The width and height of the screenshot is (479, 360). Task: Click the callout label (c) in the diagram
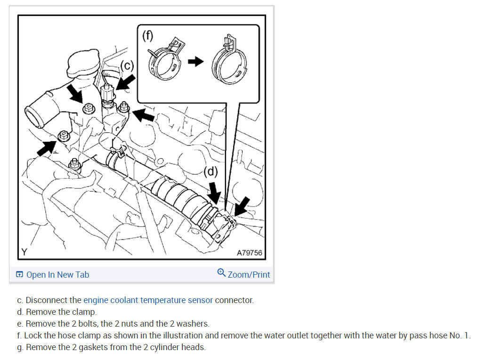[128, 66]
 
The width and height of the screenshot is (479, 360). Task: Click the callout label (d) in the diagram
[211, 172]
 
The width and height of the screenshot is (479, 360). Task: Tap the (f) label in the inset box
[147, 35]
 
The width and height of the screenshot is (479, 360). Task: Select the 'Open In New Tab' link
[57, 275]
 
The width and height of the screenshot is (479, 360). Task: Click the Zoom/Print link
[249, 274]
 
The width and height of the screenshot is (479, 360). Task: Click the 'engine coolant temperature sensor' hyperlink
[148, 300]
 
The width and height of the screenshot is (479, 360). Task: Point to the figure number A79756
[249, 253]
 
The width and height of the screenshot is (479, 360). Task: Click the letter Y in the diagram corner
[24, 252]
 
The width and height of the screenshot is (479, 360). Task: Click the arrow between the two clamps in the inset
[195, 61]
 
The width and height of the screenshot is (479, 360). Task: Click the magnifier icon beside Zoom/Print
[221, 273]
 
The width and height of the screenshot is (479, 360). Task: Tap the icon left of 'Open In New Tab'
[19, 275]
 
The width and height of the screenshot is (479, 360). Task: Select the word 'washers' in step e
[193, 324]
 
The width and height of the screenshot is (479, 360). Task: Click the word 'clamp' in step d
[85, 312]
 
